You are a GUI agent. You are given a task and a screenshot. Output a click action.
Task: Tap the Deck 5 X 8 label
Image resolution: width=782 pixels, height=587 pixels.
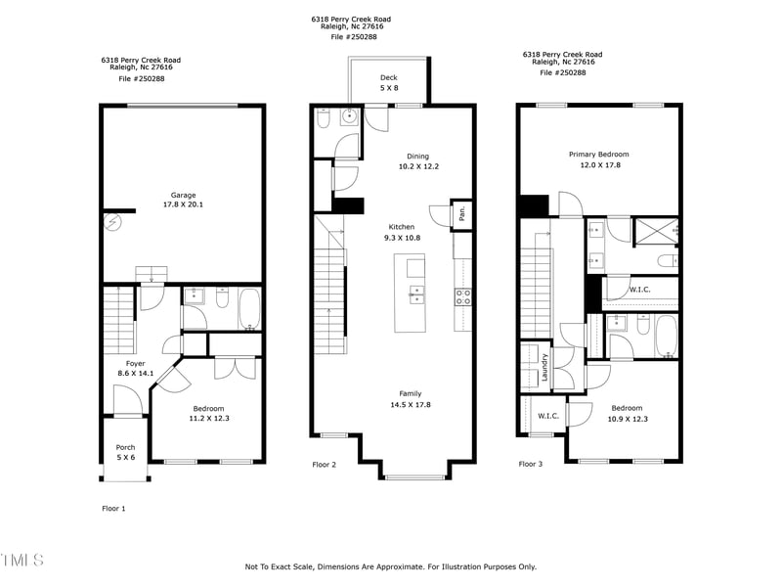click(x=389, y=77)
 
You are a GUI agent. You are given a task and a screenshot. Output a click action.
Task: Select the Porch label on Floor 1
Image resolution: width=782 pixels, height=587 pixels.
click(x=126, y=448)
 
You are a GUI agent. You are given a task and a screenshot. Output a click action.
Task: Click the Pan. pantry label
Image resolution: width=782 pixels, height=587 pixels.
click(x=461, y=214)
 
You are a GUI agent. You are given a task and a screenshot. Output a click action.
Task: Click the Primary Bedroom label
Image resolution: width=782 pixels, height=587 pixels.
click(x=599, y=155)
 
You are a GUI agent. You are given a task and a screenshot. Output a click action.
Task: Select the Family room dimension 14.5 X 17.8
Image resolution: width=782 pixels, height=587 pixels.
click(x=411, y=404)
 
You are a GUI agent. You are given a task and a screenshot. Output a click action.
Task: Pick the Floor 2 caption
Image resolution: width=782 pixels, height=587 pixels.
click(x=325, y=465)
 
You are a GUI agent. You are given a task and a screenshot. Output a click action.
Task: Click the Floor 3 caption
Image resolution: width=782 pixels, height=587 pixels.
click(x=530, y=465)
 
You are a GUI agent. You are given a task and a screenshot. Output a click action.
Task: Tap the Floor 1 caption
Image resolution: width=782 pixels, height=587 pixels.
click(x=114, y=509)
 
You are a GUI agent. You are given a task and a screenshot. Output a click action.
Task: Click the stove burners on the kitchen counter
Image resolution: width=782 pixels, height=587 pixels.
click(x=463, y=296)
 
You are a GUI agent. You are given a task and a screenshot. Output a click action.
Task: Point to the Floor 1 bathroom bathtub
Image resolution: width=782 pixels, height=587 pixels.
click(x=249, y=310)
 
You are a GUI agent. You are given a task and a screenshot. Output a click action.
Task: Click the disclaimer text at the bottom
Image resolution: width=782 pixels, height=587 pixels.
click(x=390, y=566)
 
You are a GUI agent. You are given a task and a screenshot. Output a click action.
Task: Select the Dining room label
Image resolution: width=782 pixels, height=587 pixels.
click(x=418, y=156)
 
